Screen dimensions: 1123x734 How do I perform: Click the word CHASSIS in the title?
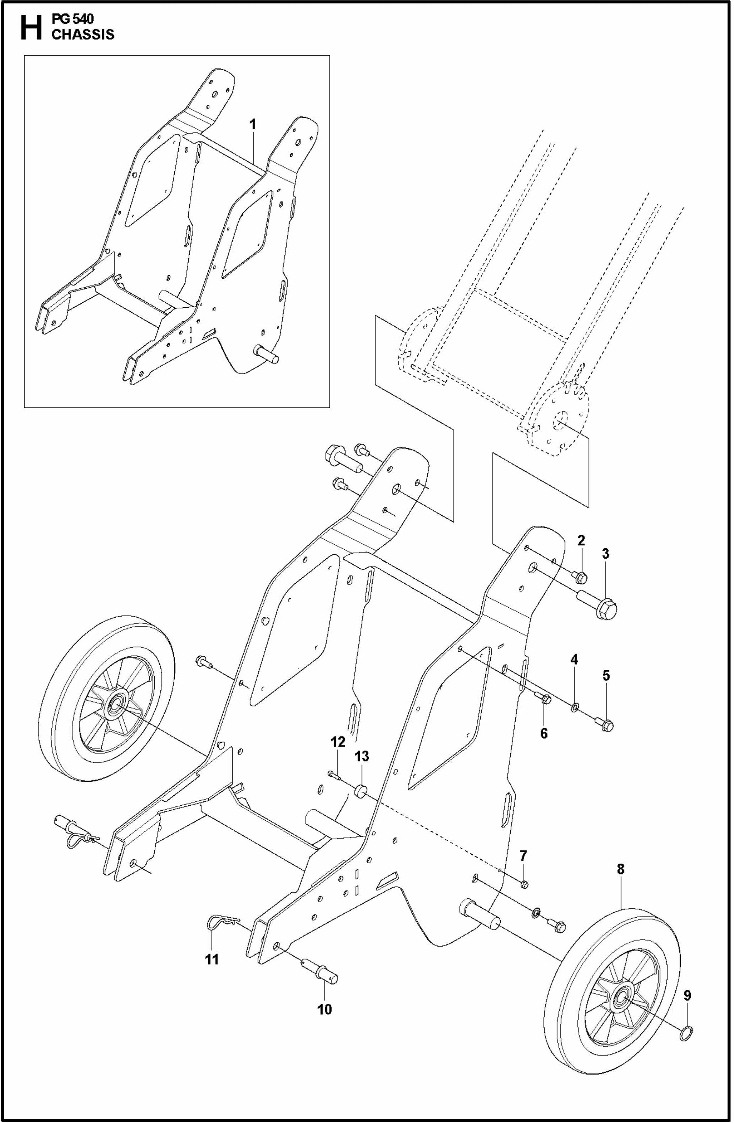(83, 34)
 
